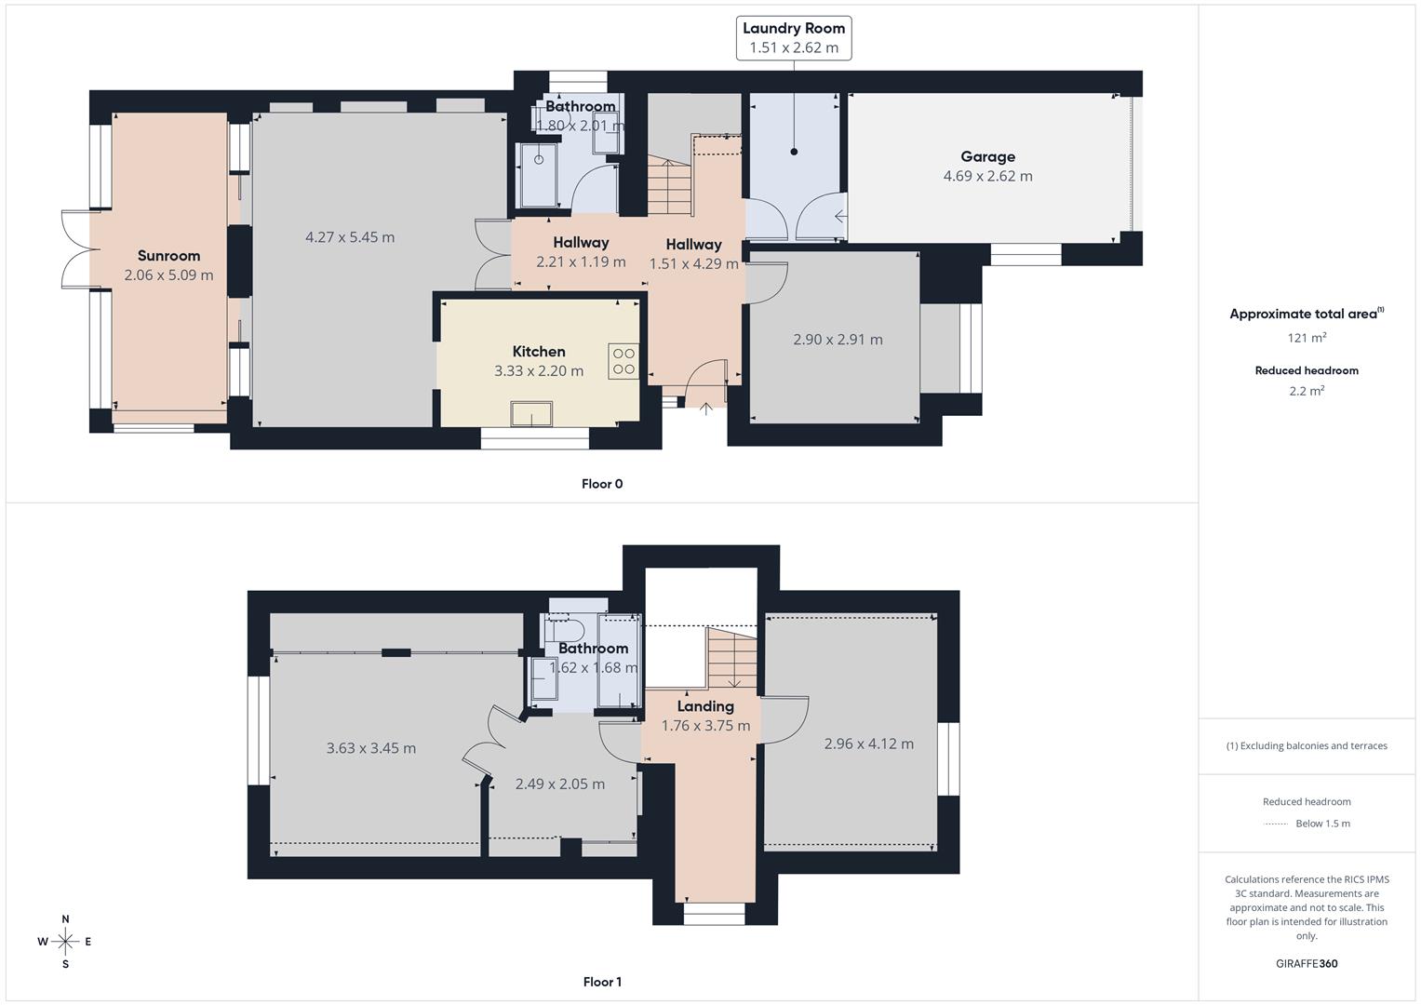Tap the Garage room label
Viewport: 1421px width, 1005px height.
click(x=987, y=157)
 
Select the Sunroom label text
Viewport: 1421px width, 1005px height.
click(x=168, y=256)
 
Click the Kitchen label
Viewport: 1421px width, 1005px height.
click(x=539, y=352)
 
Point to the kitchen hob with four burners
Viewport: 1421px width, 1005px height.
click(x=623, y=362)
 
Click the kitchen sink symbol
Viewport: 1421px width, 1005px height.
click(x=531, y=414)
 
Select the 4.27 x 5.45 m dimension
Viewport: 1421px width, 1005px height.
click(x=350, y=237)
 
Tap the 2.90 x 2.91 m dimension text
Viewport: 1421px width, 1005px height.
click(x=838, y=340)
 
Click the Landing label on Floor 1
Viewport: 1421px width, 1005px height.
click(x=705, y=706)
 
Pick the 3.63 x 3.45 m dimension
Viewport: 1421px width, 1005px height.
click(x=370, y=748)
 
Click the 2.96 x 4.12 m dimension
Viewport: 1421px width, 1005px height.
click(x=868, y=744)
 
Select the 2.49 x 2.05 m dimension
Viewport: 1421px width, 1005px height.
click(x=559, y=784)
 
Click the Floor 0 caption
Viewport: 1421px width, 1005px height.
click(x=602, y=484)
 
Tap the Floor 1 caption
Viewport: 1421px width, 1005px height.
click(x=602, y=982)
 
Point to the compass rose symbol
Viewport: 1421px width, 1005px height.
click(x=65, y=942)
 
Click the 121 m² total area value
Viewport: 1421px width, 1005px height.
click(x=1307, y=338)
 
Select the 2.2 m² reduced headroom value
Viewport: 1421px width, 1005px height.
click(x=1307, y=391)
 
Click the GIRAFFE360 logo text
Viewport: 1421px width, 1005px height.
click(x=1307, y=963)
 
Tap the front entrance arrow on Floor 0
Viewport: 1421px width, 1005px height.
click(x=705, y=408)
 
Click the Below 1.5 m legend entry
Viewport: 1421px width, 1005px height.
click(x=1321, y=824)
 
